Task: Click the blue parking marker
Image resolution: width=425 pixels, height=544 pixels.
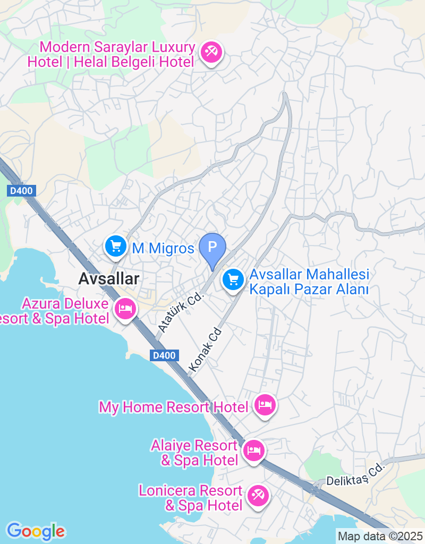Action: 212,248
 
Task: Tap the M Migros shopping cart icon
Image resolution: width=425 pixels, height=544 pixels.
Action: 115,246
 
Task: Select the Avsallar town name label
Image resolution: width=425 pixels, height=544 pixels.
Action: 109,278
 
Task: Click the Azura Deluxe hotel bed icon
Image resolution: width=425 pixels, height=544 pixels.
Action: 125,308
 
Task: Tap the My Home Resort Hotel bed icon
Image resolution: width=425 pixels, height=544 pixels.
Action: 265,405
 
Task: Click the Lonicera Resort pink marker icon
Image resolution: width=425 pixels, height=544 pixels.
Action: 258,496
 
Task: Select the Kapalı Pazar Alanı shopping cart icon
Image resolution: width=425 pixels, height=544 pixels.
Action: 233,278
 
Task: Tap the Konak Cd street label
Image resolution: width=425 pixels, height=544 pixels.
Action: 205,348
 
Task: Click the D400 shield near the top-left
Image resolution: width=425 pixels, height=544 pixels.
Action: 22,190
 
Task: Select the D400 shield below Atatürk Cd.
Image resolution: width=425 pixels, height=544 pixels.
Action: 163,356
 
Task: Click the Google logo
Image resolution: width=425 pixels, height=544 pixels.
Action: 36,531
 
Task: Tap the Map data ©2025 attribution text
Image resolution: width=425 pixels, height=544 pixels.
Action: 380,536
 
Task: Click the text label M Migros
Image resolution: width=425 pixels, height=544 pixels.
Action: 163,248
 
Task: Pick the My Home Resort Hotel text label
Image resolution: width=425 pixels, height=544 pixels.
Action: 174,407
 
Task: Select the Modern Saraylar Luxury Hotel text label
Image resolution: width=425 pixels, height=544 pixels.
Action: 111,55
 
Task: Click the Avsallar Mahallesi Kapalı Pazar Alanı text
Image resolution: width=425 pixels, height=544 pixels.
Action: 310,282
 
